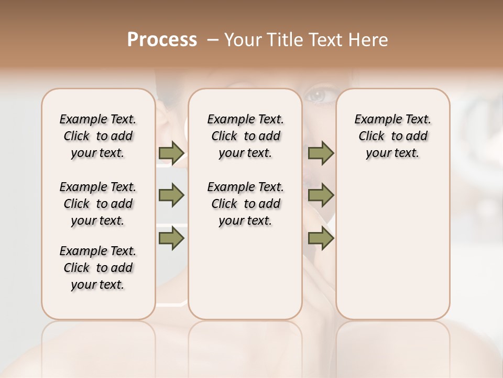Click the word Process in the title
pyautogui.click(x=162, y=40)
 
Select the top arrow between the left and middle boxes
pyautogui.click(x=171, y=153)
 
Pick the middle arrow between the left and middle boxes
pyautogui.click(x=171, y=195)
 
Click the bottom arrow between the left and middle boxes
pyautogui.click(x=171, y=238)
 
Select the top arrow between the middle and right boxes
pyautogui.click(x=321, y=153)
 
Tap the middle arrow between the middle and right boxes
pyautogui.click(x=321, y=195)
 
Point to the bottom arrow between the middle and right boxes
pyautogui.click(x=321, y=238)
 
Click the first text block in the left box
pyautogui.click(x=98, y=136)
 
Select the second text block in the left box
pyautogui.click(x=98, y=204)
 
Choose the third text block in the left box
pyautogui.click(x=98, y=268)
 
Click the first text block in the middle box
pyautogui.click(x=245, y=136)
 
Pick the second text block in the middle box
pyautogui.click(x=245, y=204)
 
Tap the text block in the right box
pyautogui.click(x=392, y=136)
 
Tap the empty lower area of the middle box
pyautogui.click(x=245, y=273)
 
